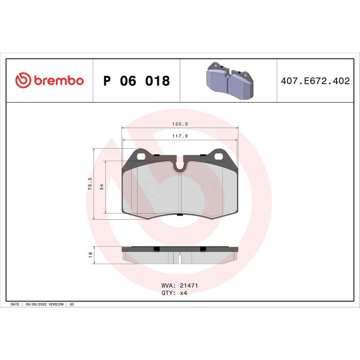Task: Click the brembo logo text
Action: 58,81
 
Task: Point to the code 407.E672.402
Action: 315,81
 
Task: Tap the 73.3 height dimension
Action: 90,184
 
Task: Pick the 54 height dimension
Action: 102,187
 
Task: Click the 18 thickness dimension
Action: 90,254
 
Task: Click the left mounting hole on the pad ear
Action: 142,157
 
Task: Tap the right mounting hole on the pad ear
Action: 219,157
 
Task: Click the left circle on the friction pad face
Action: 153,189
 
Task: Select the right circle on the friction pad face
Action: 208,189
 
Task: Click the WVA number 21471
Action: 189,286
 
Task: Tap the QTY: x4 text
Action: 174,293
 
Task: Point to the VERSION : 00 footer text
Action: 62,305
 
